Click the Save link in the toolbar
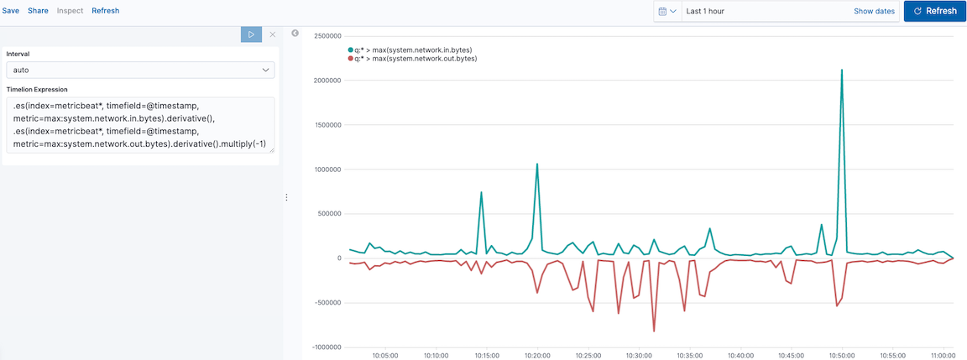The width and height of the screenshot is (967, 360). pos(11,11)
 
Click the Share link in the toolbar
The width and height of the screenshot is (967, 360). pos(38,11)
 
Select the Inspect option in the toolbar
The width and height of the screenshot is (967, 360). pos(70,11)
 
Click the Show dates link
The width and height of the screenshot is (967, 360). pos(874,11)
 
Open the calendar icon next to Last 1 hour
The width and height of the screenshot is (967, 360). pos(667,11)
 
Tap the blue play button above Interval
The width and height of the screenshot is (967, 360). pos(251,34)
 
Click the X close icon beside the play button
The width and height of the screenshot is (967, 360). pos(272,34)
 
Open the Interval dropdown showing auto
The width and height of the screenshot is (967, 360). pos(140,70)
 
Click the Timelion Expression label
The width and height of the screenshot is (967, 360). pos(37,89)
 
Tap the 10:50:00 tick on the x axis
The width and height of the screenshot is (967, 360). pos(841,355)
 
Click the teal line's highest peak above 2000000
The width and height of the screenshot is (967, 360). pos(841,70)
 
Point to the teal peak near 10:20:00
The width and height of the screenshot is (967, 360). pos(536,164)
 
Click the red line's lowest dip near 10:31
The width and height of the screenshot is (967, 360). pos(654,331)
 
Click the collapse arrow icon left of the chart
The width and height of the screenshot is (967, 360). pos(295,34)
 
